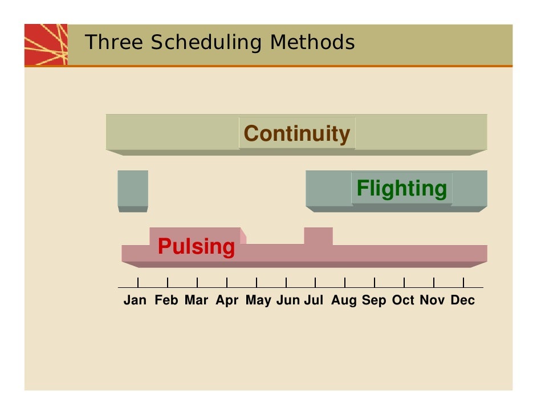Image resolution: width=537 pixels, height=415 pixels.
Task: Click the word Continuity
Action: [x=296, y=134]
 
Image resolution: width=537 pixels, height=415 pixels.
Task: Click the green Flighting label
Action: [x=401, y=188]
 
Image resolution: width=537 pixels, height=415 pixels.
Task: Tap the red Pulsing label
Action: [x=196, y=247]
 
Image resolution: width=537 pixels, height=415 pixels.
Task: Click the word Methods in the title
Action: [x=312, y=42]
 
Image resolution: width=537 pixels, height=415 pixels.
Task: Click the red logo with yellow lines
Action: [x=46, y=44]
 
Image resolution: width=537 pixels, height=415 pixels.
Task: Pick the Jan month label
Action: [x=135, y=300]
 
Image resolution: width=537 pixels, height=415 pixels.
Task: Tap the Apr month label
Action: [x=227, y=300]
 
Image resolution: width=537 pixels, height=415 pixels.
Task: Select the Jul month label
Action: [x=314, y=300]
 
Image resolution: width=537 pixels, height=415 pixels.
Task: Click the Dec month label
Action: [x=462, y=300]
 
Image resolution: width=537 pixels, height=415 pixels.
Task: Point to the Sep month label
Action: [x=374, y=300]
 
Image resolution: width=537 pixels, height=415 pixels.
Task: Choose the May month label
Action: [x=258, y=300]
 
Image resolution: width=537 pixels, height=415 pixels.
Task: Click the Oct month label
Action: [x=403, y=300]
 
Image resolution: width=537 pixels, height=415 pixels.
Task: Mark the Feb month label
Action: [x=166, y=300]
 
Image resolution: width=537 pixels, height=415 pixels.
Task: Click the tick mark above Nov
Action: [x=434, y=282]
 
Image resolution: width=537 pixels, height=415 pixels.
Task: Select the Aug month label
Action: [x=344, y=300]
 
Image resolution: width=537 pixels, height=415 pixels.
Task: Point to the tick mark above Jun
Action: [x=286, y=282]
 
